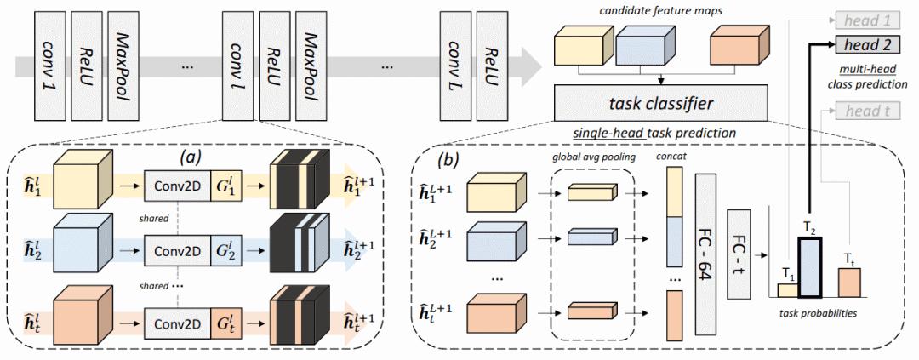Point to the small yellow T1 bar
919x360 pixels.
(x=787, y=290)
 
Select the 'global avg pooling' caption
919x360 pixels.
(x=591, y=158)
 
